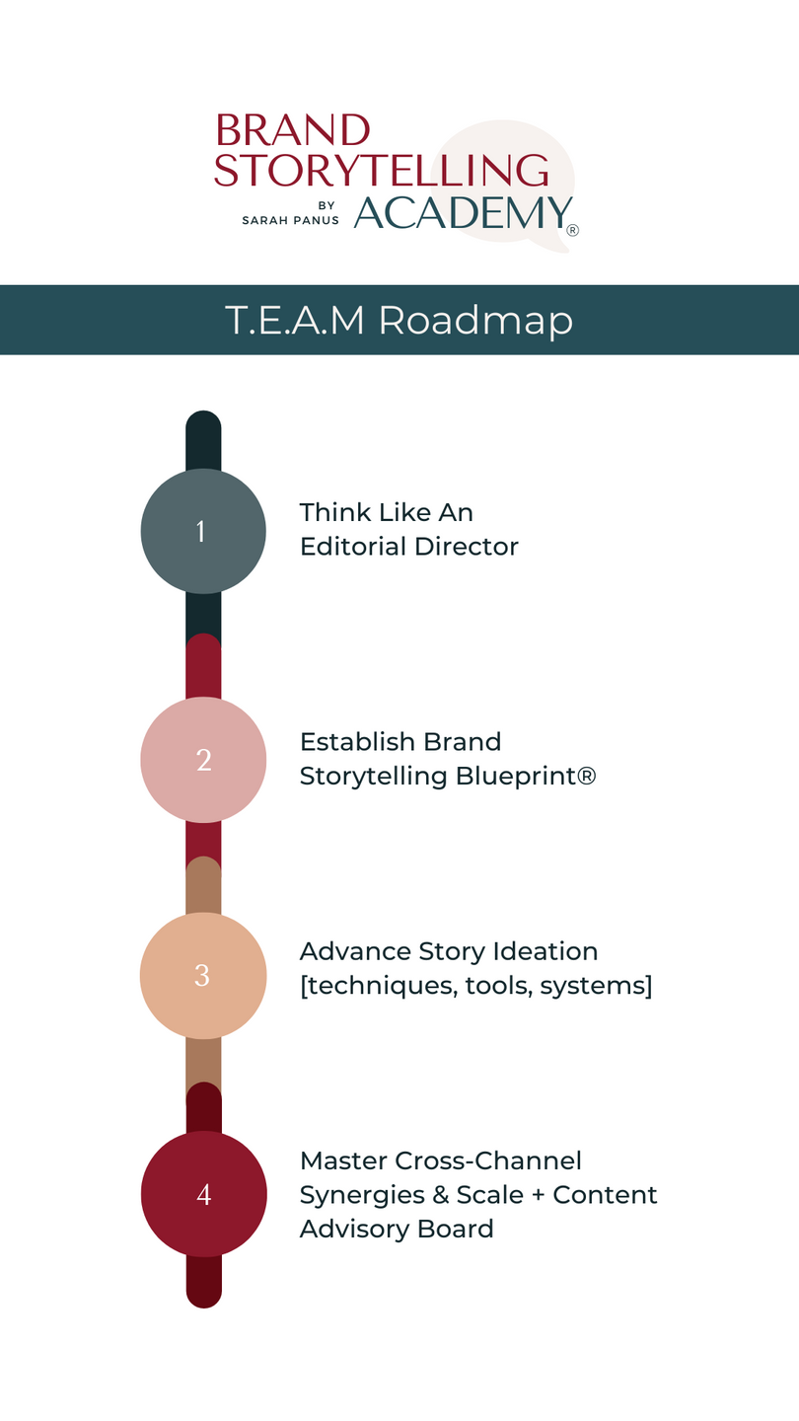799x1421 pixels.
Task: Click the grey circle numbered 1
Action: [x=203, y=531]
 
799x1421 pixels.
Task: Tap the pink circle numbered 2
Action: [x=203, y=760]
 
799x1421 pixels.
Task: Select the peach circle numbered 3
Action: [x=203, y=976]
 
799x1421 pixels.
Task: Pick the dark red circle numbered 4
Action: [x=203, y=1194]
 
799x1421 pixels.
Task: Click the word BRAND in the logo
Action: [x=292, y=130]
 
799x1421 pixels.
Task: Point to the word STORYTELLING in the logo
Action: [x=381, y=170]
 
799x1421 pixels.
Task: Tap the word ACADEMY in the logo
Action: [x=463, y=212]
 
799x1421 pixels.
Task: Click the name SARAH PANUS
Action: [x=290, y=220]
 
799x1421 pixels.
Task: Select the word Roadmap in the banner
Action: [x=475, y=321]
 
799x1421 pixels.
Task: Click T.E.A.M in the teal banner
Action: [x=295, y=321]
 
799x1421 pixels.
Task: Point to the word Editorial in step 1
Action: [x=359, y=547]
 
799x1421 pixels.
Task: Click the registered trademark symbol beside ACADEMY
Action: [x=572, y=231]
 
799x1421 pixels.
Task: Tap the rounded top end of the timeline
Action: [x=203, y=422]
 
